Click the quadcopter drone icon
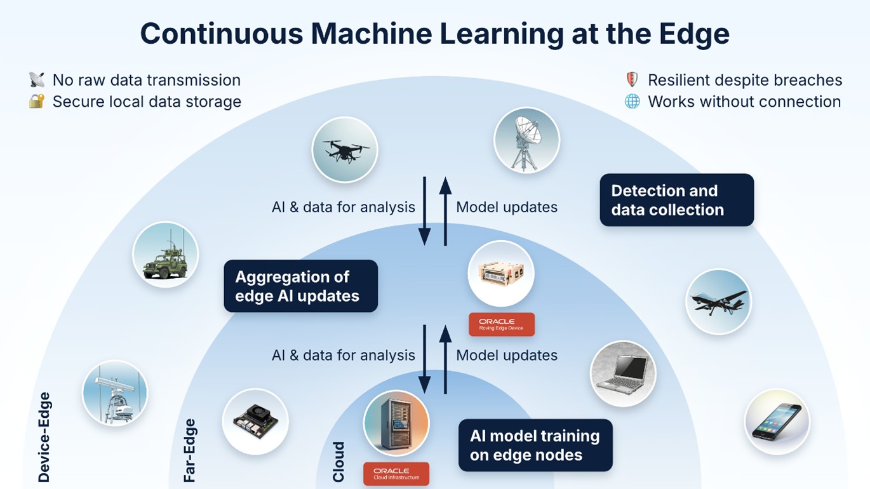pyautogui.click(x=345, y=150)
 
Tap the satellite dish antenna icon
pyautogui.click(x=526, y=140)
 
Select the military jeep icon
pyautogui.click(x=166, y=255)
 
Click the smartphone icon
pyautogui.click(x=777, y=422)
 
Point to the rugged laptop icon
pyautogui.click(x=623, y=374)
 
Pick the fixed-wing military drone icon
pyautogui.click(x=719, y=302)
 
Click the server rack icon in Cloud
pyautogui.click(x=396, y=423)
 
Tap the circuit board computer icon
pyautogui.click(x=255, y=422)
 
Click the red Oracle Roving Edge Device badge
pyautogui.click(x=502, y=325)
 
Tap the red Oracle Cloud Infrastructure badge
pyautogui.click(x=396, y=474)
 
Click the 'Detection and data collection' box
pyautogui.click(x=677, y=200)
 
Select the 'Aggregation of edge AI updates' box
pyautogui.click(x=301, y=286)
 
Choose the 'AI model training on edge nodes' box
pyautogui.click(x=535, y=445)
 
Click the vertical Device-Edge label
pyautogui.click(x=44, y=437)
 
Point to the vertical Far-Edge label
pyautogui.click(x=189, y=450)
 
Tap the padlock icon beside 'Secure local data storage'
pyautogui.click(x=37, y=102)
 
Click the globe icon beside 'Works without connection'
pyautogui.click(x=632, y=102)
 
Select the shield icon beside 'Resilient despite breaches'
pyautogui.click(x=632, y=80)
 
